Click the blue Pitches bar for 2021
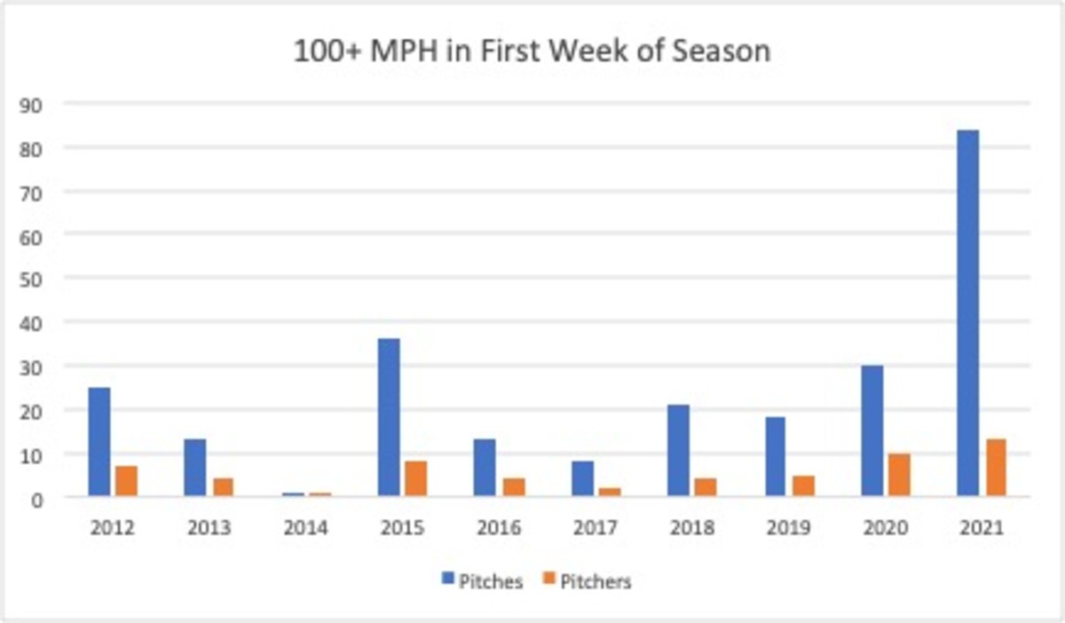coord(968,312)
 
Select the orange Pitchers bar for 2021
coord(995,468)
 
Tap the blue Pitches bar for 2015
coord(389,417)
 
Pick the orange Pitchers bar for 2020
coord(898,475)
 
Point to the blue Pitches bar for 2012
coord(99,441)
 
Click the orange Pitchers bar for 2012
coord(126,480)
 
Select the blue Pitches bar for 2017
coord(582,478)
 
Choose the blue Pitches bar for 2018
coord(679,450)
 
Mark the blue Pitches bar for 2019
coord(775,456)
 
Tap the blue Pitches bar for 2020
coord(872,430)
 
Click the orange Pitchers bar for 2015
coord(415,478)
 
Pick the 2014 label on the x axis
coord(305,528)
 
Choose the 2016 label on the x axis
coord(498,528)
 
